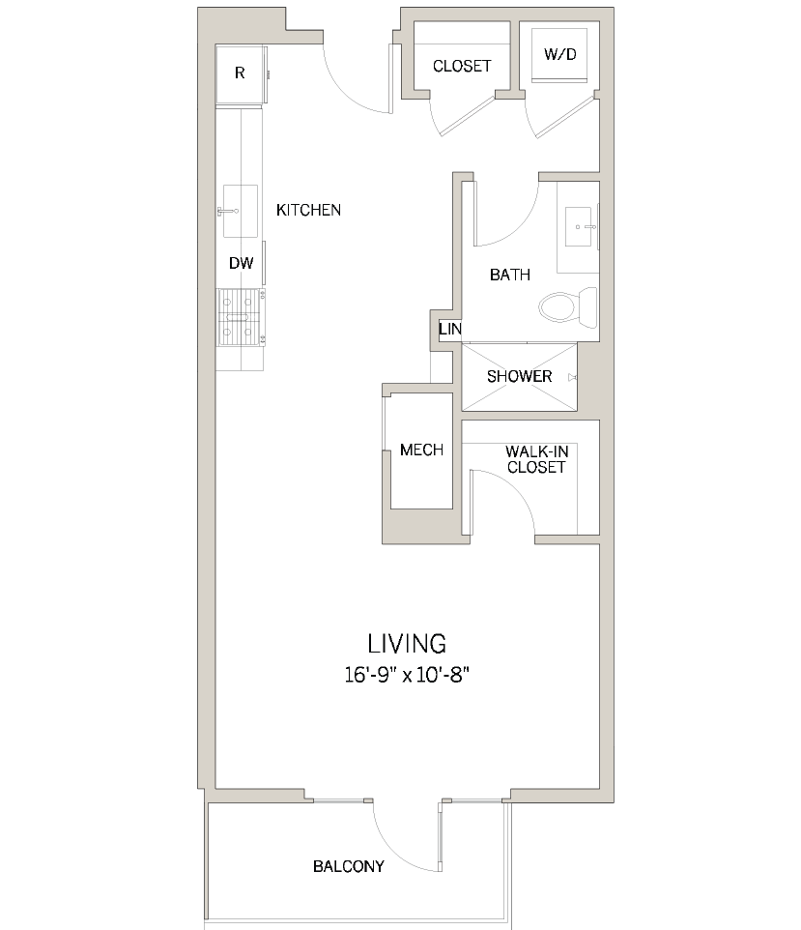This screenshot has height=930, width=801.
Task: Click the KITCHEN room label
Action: click(308, 210)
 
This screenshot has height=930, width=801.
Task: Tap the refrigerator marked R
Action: click(240, 73)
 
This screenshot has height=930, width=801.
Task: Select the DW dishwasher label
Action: click(241, 263)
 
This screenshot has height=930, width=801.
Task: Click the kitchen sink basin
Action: click(241, 211)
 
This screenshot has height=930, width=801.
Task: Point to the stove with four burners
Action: click(241, 317)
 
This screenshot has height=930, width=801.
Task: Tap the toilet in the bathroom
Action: click(559, 306)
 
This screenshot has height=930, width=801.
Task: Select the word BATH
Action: click(509, 275)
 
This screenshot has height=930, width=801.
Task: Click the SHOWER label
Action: click(519, 376)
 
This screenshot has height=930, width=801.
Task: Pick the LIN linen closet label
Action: click(450, 330)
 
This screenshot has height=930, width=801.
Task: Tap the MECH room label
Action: click(421, 450)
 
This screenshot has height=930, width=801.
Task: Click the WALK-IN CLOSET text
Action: click(534, 459)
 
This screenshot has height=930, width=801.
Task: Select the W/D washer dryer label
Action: click(559, 54)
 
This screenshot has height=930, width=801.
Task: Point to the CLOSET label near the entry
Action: click(462, 67)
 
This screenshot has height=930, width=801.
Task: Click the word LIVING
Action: click(406, 643)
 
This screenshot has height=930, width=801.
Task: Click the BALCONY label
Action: click(348, 866)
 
